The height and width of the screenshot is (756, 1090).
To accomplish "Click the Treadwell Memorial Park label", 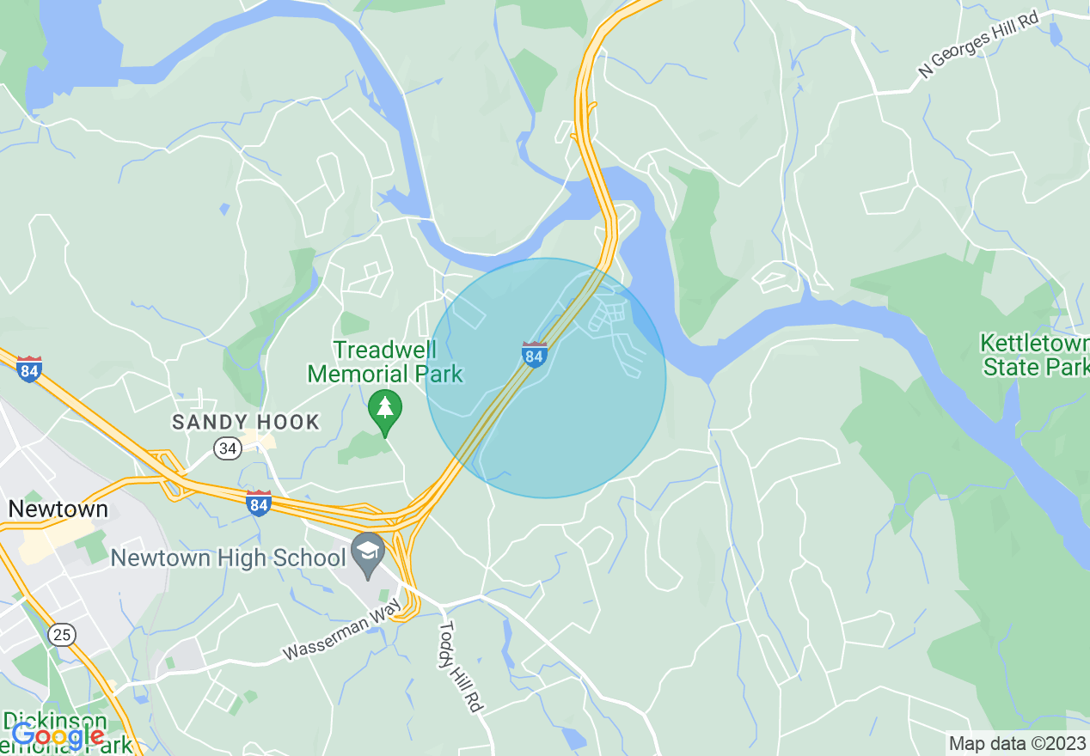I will pyautogui.click(x=385, y=362).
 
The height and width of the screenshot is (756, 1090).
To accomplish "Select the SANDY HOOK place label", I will pyautogui.click(x=246, y=422).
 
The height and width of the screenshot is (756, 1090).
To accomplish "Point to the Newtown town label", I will pyautogui.click(x=58, y=509).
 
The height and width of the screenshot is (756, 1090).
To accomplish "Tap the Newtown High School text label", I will pyautogui.click(x=228, y=558).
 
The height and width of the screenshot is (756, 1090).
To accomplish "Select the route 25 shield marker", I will pyautogui.click(x=61, y=635).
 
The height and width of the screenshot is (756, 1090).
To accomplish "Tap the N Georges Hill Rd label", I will pyautogui.click(x=978, y=45).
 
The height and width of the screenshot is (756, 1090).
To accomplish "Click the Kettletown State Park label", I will pyautogui.click(x=1034, y=356).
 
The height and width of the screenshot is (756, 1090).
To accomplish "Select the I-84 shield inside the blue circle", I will pyautogui.click(x=534, y=354).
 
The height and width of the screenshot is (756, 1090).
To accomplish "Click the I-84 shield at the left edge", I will pyautogui.click(x=29, y=369).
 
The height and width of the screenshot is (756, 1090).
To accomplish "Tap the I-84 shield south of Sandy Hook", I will pyautogui.click(x=258, y=503).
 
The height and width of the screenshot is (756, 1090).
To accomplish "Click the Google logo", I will pyautogui.click(x=58, y=736).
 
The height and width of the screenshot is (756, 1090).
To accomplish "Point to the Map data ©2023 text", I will pyautogui.click(x=1016, y=743).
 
